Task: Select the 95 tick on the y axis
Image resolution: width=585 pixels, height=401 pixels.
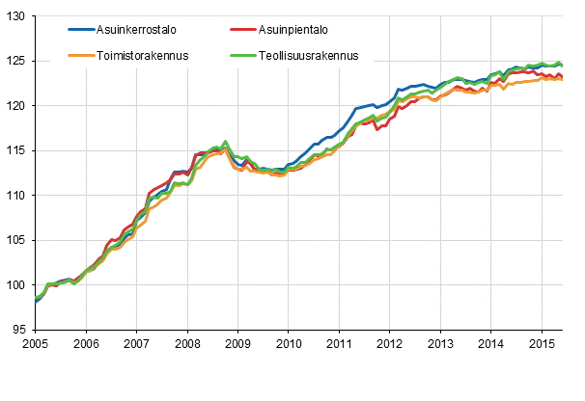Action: point(20,330)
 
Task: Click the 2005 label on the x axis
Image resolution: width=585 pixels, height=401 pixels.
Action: point(36,344)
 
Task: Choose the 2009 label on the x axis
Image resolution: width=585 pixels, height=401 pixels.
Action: point(237,344)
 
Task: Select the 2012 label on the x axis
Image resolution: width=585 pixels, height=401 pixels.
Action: point(389,344)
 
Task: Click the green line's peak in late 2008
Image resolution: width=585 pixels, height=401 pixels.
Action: point(225,142)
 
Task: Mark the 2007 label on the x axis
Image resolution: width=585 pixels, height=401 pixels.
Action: point(136,344)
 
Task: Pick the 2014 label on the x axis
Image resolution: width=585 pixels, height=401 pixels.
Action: point(490,344)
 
